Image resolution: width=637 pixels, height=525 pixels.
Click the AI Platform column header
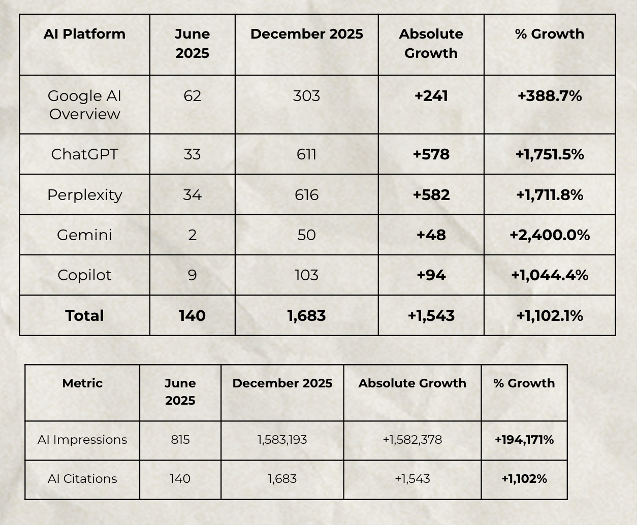pos(84,34)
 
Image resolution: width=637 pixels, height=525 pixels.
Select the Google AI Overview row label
pos(84,105)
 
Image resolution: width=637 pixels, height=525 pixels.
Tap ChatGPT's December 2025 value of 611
pos(307,154)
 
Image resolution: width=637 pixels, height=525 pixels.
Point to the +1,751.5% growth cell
pos(550,154)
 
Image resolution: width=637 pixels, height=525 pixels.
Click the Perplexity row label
pos(84,195)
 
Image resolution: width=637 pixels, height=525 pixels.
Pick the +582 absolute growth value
pos(431,195)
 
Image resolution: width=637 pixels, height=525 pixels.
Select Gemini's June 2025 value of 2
pos(192,235)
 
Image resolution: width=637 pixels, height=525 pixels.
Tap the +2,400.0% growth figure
pos(550,235)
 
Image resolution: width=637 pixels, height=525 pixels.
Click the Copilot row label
pos(84,275)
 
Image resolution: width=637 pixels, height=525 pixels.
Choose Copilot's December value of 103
pos(307,275)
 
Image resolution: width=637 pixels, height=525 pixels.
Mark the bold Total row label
pos(84,315)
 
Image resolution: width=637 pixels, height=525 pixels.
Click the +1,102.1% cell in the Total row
pos(550,315)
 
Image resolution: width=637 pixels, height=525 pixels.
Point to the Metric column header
pos(82,383)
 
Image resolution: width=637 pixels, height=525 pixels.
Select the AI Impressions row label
pos(82,440)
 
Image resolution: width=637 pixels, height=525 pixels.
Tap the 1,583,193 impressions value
pos(282,440)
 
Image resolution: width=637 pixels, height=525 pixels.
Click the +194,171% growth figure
pos(524,440)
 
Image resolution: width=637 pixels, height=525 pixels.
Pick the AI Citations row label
pos(82,479)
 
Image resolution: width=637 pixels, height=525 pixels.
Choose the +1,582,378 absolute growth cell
pos(412,440)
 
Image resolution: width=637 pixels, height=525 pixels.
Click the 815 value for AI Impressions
pos(180,440)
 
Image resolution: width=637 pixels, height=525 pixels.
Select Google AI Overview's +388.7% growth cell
pos(550,96)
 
